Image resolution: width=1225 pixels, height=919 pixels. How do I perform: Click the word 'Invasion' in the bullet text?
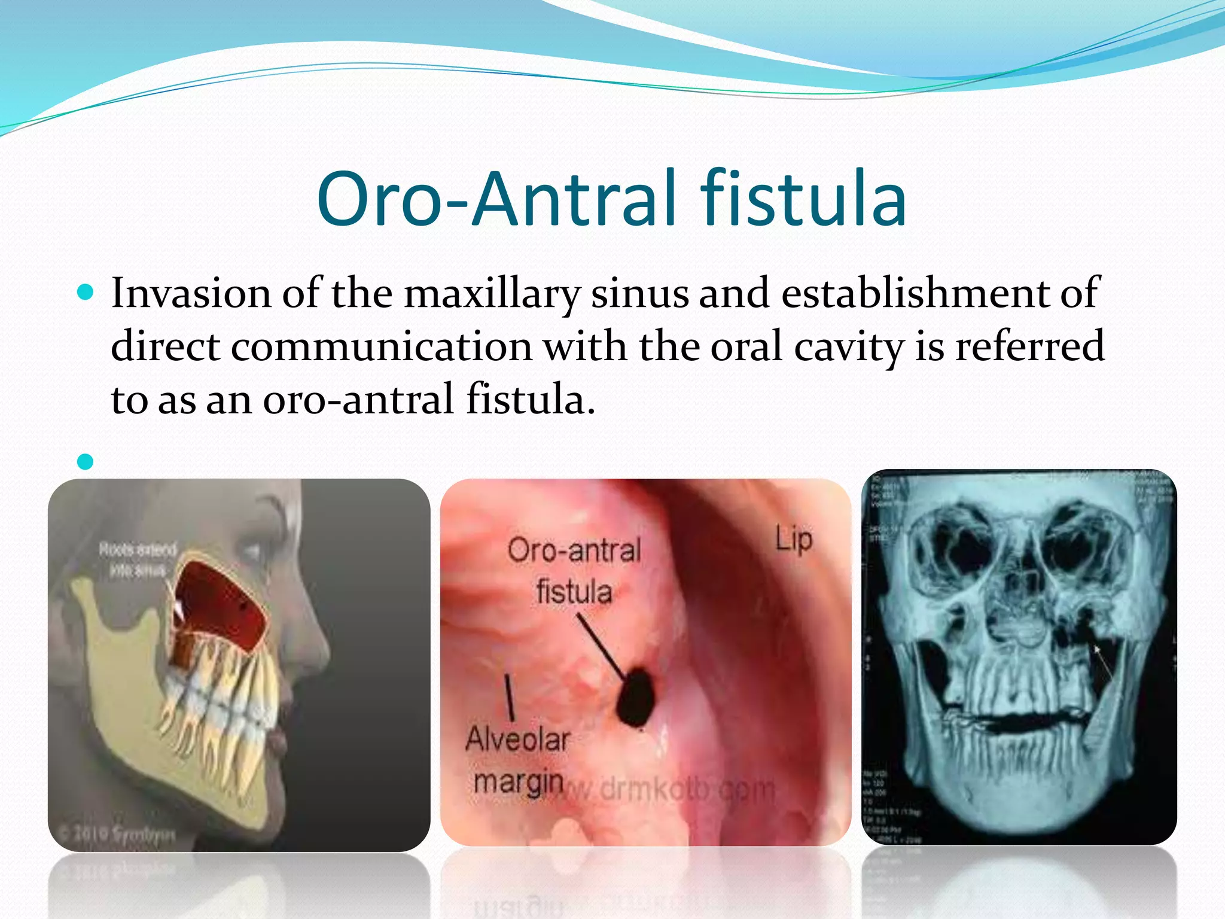[191, 293]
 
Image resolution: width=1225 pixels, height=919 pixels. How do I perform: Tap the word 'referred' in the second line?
[1029, 347]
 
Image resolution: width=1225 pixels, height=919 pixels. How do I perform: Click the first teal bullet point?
[86, 293]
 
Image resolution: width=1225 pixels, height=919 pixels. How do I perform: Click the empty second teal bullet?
[86, 461]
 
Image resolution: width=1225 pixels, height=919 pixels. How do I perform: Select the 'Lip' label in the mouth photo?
[794, 539]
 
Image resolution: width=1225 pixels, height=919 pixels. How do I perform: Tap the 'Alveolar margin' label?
[518, 760]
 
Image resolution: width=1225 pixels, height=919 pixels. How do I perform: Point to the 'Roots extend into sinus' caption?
[138, 559]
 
